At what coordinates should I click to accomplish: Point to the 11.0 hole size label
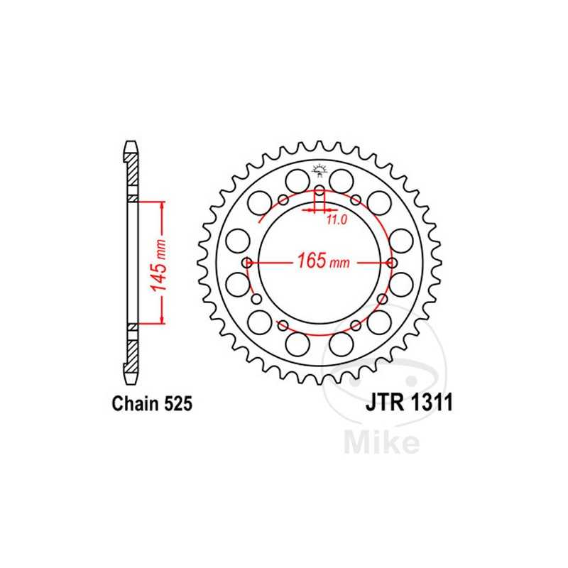(x=336, y=220)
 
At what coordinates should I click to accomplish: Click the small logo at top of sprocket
(x=319, y=170)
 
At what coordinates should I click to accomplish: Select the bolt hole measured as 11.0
(x=319, y=190)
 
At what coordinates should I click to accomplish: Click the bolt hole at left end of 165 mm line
(x=247, y=263)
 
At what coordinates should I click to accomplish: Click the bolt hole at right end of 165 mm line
(x=393, y=263)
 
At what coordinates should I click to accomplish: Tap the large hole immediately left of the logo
(x=296, y=177)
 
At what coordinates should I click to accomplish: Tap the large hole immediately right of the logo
(x=343, y=177)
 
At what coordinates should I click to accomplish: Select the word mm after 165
(x=340, y=263)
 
